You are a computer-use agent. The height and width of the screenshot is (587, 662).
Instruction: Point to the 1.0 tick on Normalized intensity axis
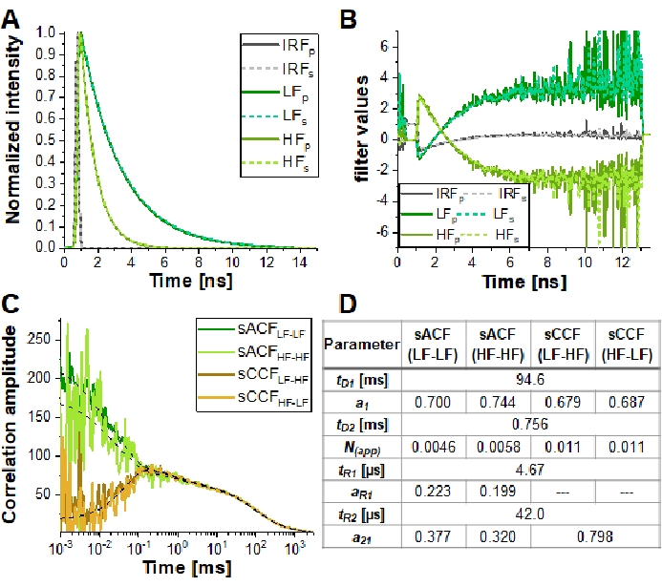pos(46,31)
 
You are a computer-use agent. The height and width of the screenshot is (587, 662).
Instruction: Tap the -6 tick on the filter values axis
pos(382,232)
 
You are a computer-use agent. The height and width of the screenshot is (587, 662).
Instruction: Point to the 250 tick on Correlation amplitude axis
pos(39,336)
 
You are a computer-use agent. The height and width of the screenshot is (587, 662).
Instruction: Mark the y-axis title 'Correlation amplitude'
pos(13,425)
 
